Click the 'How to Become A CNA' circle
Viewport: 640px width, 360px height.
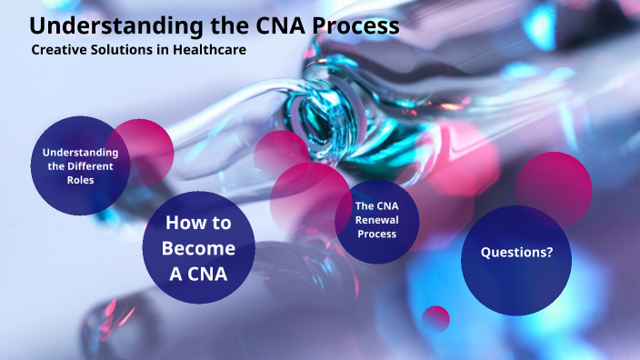pyautogui.click(x=198, y=247)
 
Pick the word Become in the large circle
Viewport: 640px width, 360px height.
pyautogui.click(x=198, y=247)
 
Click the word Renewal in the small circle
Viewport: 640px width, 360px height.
pyautogui.click(x=376, y=220)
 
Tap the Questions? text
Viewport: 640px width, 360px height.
pyautogui.click(x=516, y=252)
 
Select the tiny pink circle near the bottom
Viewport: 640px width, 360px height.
pyautogui.click(x=436, y=318)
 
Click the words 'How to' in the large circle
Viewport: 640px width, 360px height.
pyautogui.click(x=198, y=224)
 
